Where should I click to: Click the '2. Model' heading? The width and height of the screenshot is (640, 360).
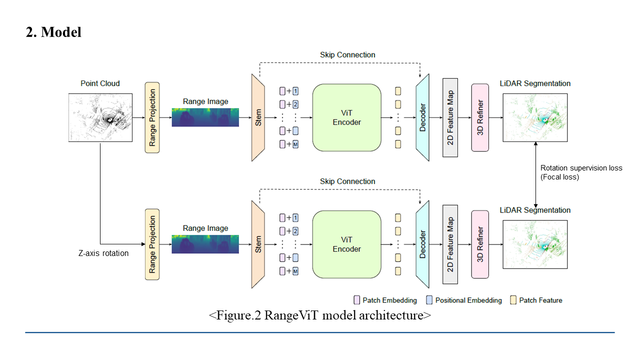pyautogui.click(x=53, y=32)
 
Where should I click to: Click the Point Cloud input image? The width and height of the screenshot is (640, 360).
pyautogui.click(x=100, y=117)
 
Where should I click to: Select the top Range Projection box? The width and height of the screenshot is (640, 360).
pyautogui.click(x=152, y=117)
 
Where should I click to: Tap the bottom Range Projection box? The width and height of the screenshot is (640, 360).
pyautogui.click(x=152, y=244)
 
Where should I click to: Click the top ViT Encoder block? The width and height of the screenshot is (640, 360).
pyautogui.click(x=346, y=117)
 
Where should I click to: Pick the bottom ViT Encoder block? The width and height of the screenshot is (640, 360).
pyautogui.click(x=346, y=244)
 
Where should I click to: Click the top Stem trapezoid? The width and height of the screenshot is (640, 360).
pyautogui.click(x=258, y=117)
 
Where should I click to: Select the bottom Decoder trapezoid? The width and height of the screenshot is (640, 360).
pyautogui.click(x=422, y=244)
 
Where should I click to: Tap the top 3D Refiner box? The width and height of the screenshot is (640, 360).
pyautogui.click(x=480, y=117)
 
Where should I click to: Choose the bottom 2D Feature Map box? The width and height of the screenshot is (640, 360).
pyautogui.click(x=450, y=244)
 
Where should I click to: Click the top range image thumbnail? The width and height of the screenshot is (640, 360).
pyautogui.click(x=205, y=117)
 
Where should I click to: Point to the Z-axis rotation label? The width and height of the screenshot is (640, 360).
pyautogui.click(x=103, y=253)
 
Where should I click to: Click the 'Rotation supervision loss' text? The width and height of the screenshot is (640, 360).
pyautogui.click(x=581, y=168)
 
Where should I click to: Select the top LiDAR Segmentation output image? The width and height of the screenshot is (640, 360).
pyautogui.click(x=535, y=117)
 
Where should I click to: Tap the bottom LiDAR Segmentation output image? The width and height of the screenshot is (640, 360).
pyautogui.click(x=535, y=244)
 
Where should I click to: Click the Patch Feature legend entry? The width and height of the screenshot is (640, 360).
pyautogui.click(x=536, y=300)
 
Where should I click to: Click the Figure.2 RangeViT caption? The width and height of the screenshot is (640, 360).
pyautogui.click(x=320, y=315)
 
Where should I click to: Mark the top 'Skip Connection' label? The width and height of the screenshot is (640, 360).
pyautogui.click(x=347, y=54)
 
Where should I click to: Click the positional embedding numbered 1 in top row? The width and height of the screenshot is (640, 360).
pyautogui.click(x=295, y=91)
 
